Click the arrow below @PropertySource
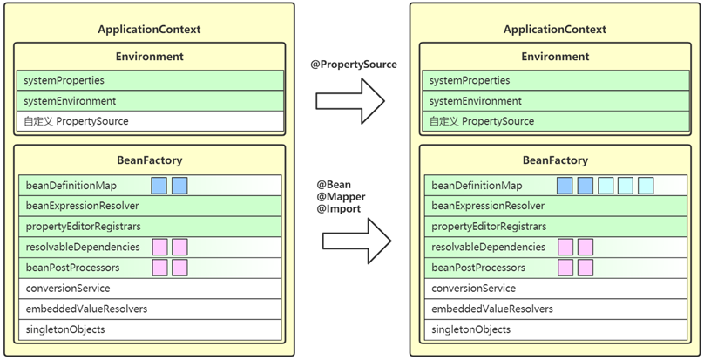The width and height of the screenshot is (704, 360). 350,101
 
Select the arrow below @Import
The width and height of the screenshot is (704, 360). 356,241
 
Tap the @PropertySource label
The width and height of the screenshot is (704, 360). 354,65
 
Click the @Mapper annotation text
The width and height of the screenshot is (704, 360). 341,197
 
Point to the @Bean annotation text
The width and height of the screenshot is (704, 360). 334,185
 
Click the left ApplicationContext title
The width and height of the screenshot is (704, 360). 150,30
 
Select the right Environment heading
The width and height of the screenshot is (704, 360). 555,57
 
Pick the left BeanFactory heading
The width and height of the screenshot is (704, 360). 150,160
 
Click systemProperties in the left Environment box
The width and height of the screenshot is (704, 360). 64,81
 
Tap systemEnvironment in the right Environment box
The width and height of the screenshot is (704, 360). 475,101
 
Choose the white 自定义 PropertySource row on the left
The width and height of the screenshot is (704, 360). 150,121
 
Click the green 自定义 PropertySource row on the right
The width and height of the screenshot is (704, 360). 556,121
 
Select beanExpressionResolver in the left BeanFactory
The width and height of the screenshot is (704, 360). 82,206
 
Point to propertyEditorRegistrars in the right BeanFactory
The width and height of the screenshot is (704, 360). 489,227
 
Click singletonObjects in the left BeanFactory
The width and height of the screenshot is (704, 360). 65,329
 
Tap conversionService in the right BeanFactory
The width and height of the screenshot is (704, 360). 473,289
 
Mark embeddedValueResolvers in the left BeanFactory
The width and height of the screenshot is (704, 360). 86,309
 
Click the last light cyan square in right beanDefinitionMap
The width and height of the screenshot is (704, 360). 645,186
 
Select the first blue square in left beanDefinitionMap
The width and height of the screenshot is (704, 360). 159,186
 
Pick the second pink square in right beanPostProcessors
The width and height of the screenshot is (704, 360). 585,268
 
